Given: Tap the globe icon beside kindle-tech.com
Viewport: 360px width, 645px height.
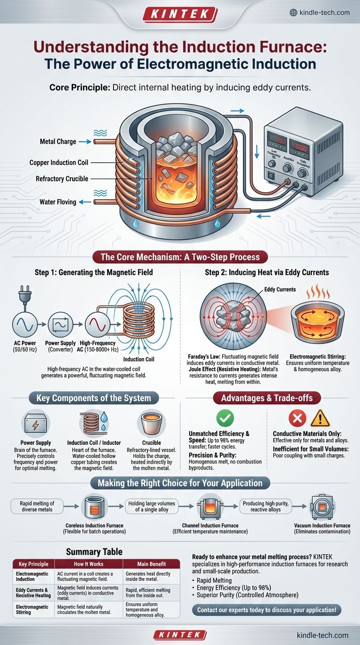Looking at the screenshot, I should pyautogui.click(x=293, y=13).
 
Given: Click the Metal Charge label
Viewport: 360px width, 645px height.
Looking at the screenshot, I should pyautogui.click(x=57, y=141).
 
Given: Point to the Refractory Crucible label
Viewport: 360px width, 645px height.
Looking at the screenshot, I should pyautogui.click(x=62, y=179).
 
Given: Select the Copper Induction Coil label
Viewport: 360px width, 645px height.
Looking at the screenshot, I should pyautogui.click(x=59, y=163).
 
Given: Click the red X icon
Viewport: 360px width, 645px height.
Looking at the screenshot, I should pyautogui.click(x=298, y=418).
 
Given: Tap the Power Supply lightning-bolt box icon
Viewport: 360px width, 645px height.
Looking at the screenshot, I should pyautogui.click(x=36, y=423).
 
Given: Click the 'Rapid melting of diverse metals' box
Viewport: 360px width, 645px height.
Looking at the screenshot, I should pyautogui.click(x=36, y=506).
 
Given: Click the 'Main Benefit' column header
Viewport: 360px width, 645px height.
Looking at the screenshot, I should pyautogui.click(x=151, y=563).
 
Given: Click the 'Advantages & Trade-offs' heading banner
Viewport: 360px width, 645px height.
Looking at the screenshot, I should pyautogui.click(x=266, y=398).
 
